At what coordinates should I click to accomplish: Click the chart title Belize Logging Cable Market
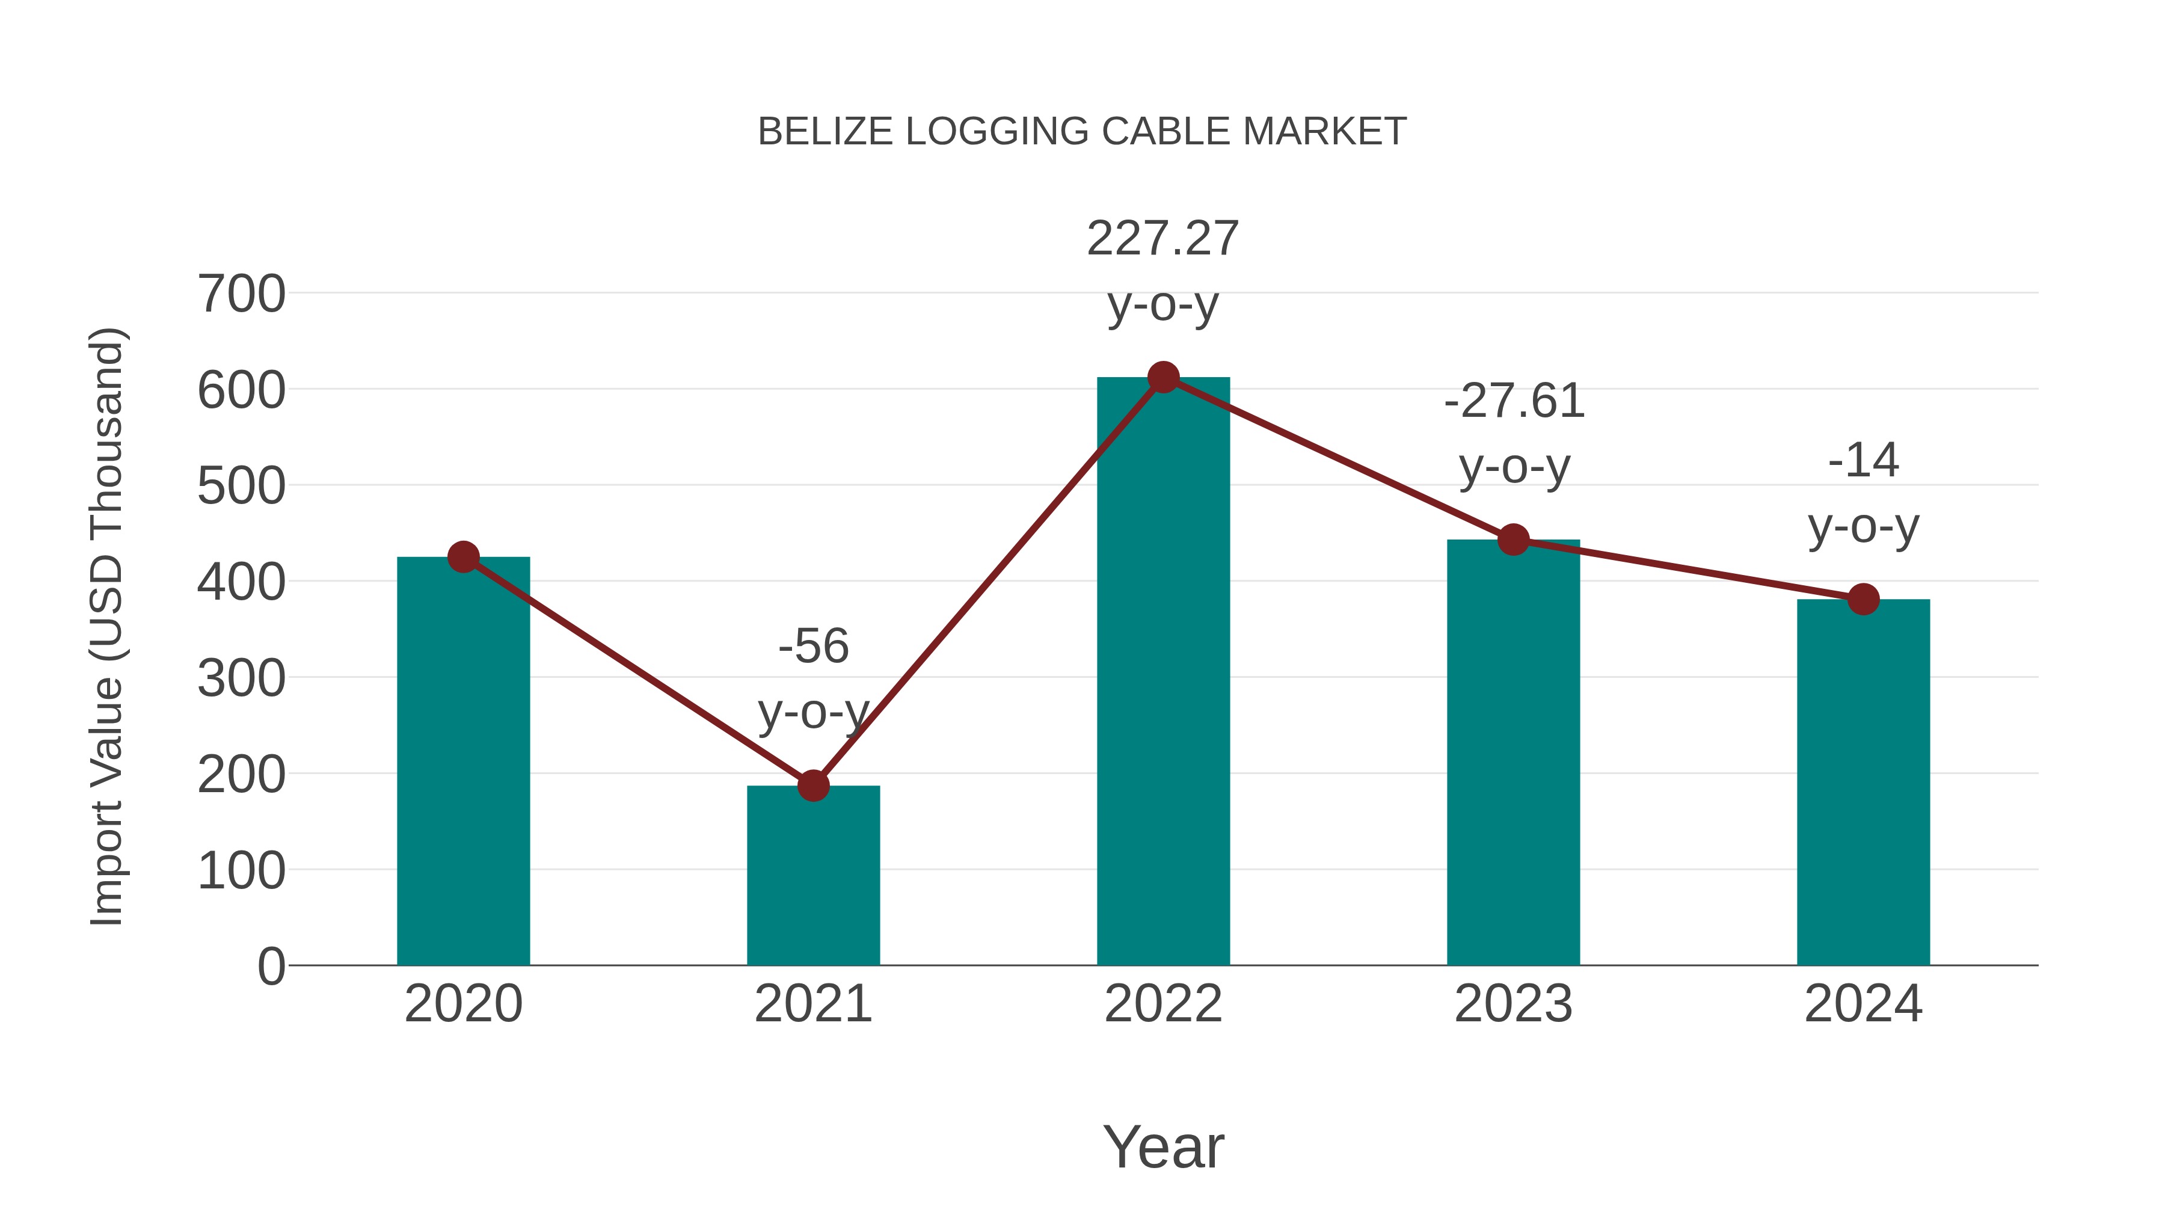tap(1082, 132)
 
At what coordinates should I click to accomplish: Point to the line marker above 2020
tap(463, 556)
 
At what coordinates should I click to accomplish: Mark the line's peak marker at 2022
tap(1163, 377)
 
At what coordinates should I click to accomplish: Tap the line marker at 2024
tap(1863, 599)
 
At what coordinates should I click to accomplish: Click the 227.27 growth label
tap(1163, 239)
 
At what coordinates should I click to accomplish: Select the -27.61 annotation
tap(1514, 401)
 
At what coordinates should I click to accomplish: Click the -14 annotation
tap(1863, 461)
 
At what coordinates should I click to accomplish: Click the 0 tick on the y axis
tap(271, 966)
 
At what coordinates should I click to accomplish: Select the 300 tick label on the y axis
tap(241, 678)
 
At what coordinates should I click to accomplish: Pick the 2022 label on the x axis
tap(1163, 1004)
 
